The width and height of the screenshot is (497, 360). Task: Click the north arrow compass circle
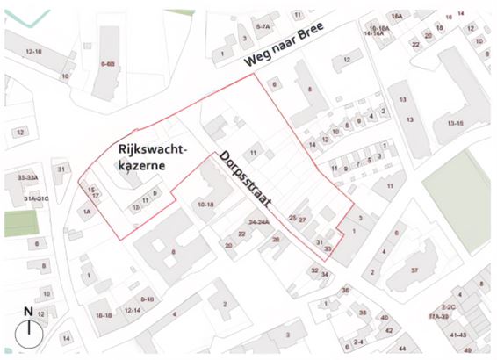point(29,333)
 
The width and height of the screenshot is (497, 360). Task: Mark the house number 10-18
point(206,204)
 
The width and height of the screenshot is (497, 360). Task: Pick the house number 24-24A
point(258,223)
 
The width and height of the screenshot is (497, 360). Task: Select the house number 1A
point(87,212)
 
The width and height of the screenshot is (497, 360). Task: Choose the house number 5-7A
point(263,27)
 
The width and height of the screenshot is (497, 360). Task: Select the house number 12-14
point(133,310)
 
